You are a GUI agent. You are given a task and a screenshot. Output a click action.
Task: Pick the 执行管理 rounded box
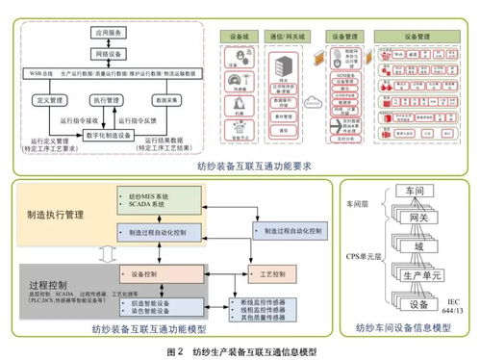[108, 98]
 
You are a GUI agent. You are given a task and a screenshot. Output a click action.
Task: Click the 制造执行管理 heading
[61, 214]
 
